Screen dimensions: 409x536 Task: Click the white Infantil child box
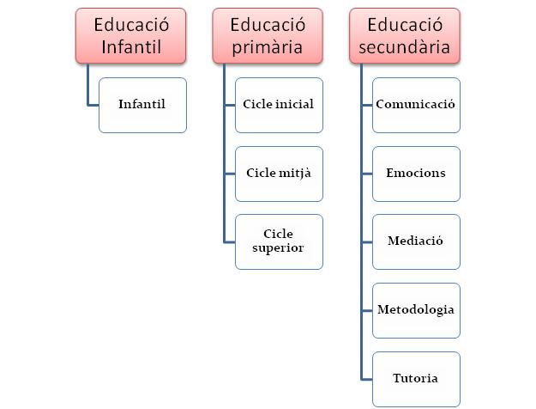click(x=142, y=105)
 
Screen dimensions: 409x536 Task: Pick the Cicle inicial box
click(x=279, y=105)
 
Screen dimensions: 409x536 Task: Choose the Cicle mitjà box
click(x=279, y=173)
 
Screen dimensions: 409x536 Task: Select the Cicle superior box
click(x=279, y=241)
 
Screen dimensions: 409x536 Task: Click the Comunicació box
click(x=416, y=105)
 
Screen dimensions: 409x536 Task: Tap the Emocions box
click(x=416, y=173)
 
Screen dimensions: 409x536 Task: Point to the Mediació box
click(x=416, y=241)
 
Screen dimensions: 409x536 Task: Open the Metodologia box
click(x=416, y=309)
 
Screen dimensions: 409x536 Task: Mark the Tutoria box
click(x=416, y=378)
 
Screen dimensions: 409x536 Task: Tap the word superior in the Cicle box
click(x=279, y=248)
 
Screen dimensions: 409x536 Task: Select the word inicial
click(x=296, y=105)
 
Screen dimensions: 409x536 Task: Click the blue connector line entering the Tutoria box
click(x=366, y=378)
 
